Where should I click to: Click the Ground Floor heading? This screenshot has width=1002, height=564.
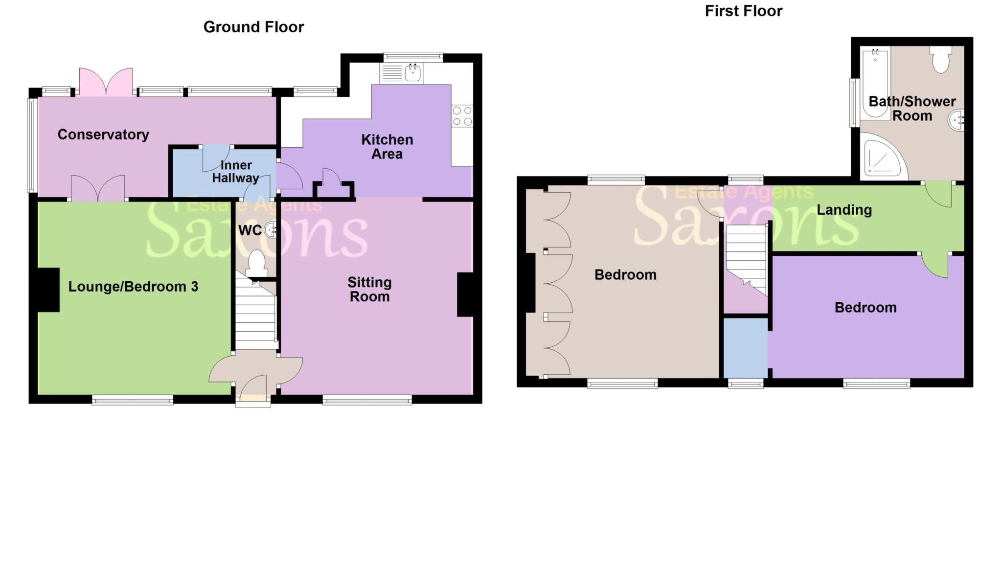point(253,27)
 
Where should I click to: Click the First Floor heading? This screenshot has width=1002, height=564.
point(743,11)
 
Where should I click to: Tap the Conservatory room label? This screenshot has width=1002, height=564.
point(103,135)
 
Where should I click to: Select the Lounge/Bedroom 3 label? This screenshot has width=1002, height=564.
point(133,287)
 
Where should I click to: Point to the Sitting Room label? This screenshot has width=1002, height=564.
point(369,289)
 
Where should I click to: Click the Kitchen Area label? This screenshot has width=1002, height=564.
point(387,146)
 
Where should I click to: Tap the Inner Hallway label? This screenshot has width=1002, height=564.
point(235,172)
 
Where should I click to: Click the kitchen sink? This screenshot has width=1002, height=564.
point(412,73)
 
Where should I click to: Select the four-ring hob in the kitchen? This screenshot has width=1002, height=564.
point(462,116)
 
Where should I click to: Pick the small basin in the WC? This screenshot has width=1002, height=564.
point(270,229)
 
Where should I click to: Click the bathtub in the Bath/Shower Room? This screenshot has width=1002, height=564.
point(875,83)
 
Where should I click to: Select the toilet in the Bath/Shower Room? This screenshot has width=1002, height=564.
point(940,59)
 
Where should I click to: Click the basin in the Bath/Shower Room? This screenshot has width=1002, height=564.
point(956,120)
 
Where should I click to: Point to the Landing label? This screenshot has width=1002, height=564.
point(844,210)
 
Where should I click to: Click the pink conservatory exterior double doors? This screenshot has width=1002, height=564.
point(106,82)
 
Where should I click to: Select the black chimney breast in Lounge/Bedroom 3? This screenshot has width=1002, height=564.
point(47,290)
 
